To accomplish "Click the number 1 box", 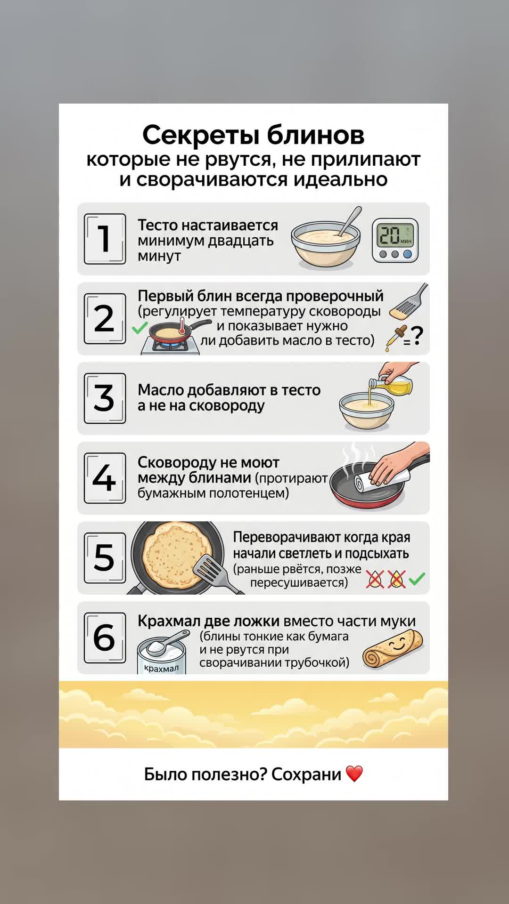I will click(105, 239).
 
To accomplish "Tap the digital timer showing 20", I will click(395, 240).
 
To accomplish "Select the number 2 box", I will click(105, 319).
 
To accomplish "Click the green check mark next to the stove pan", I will click(140, 328).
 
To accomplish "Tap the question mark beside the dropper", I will click(417, 336).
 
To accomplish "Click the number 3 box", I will click(105, 398).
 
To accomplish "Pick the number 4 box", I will click(105, 478).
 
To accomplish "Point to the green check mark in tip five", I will click(417, 579).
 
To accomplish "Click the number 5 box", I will click(105, 558).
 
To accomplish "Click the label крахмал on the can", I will click(161, 668).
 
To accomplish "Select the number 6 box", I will click(105, 638).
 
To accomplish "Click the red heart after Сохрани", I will click(354, 774).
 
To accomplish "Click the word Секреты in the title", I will click(200, 135).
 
